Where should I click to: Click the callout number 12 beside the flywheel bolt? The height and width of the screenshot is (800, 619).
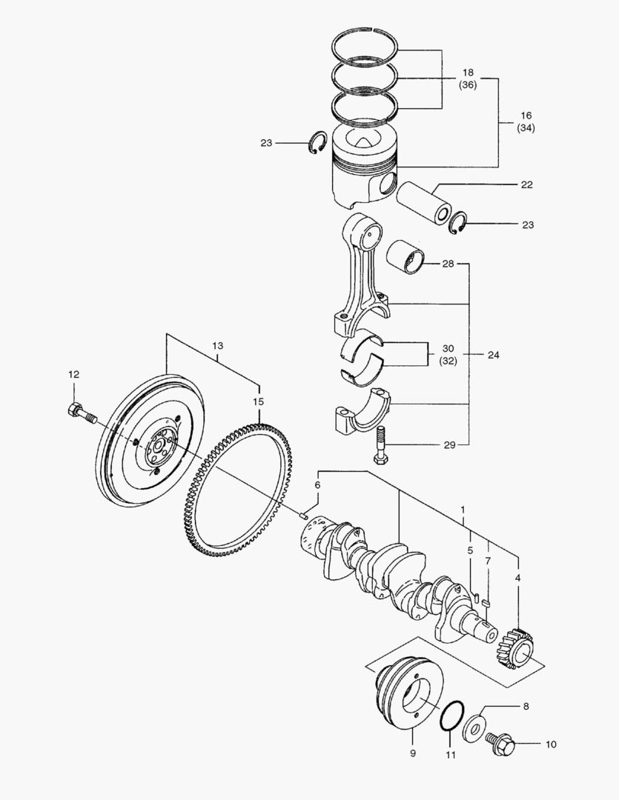(x=73, y=376)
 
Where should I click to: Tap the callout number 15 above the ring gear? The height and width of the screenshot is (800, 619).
(x=258, y=401)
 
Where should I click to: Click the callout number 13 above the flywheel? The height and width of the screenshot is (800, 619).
(x=217, y=346)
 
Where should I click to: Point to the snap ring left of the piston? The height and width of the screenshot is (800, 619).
(x=319, y=142)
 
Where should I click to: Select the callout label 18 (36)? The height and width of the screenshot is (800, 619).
(x=468, y=79)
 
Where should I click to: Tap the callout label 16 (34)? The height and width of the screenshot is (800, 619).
(x=526, y=121)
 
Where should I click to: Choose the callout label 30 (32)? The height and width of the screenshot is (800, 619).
(x=447, y=355)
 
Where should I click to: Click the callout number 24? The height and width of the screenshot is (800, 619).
(x=494, y=355)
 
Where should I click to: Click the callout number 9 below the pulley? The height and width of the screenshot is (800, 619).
(x=413, y=754)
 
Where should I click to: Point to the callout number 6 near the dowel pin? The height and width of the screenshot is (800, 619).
(x=317, y=484)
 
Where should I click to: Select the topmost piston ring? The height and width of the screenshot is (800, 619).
(x=365, y=47)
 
